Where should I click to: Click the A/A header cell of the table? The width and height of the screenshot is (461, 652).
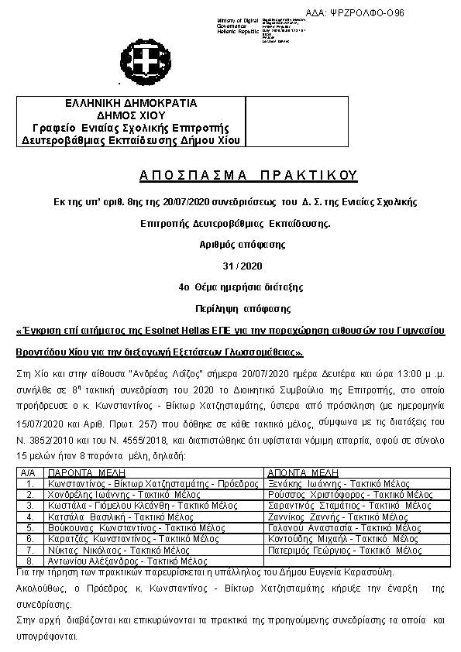coord(29,471)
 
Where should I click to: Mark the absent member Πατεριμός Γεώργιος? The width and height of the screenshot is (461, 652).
coord(345,550)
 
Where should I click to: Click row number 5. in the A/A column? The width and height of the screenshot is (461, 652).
coord(29,527)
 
